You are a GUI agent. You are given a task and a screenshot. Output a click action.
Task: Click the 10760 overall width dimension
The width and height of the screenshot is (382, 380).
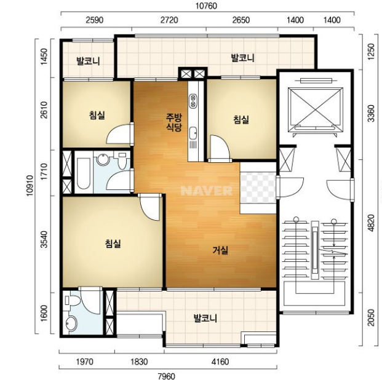point(206,6)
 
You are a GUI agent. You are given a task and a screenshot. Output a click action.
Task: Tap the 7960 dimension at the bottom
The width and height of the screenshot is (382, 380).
point(166,376)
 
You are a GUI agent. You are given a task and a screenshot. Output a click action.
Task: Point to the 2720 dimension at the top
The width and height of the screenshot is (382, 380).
point(169,20)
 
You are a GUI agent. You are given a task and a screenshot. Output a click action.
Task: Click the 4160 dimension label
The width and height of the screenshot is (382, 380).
point(220,362)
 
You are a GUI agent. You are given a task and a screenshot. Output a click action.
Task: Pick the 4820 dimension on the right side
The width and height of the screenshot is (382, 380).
point(371,223)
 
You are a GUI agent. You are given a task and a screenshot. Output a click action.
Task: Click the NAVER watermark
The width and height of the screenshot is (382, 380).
point(207,191)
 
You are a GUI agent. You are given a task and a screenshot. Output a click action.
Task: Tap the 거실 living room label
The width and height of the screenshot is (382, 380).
point(220,250)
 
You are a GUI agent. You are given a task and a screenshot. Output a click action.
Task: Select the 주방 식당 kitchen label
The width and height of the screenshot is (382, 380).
point(173,122)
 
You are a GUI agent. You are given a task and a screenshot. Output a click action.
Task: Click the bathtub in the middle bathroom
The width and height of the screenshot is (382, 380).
point(83,173)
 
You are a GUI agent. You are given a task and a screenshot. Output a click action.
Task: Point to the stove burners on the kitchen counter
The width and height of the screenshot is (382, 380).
point(193,101)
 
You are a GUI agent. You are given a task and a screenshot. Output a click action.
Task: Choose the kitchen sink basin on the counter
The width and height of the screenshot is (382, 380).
point(193,133)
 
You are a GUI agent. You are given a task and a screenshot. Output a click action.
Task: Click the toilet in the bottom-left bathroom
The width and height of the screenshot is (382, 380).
point(72,300)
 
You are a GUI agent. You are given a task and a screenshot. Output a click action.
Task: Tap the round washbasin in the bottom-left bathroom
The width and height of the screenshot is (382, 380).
point(71,323)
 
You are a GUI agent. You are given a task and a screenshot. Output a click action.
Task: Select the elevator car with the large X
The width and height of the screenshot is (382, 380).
point(315,109)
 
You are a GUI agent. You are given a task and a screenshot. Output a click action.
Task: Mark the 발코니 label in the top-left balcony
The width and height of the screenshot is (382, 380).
point(88,61)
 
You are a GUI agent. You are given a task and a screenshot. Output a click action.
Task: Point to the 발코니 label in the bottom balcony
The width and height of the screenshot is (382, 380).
point(205,318)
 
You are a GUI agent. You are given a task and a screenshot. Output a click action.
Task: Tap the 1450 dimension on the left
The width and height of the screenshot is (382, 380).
point(44,57)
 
